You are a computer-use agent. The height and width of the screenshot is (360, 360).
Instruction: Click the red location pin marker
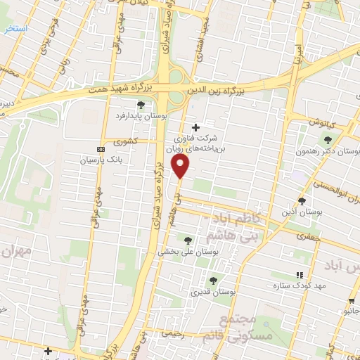coord(181,166)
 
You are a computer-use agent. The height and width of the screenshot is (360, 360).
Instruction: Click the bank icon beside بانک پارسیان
coord(101,149)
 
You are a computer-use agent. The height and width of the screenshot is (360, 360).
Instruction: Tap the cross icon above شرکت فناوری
coord(205,127)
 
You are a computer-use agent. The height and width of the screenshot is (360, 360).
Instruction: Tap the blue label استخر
coord(15,29)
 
